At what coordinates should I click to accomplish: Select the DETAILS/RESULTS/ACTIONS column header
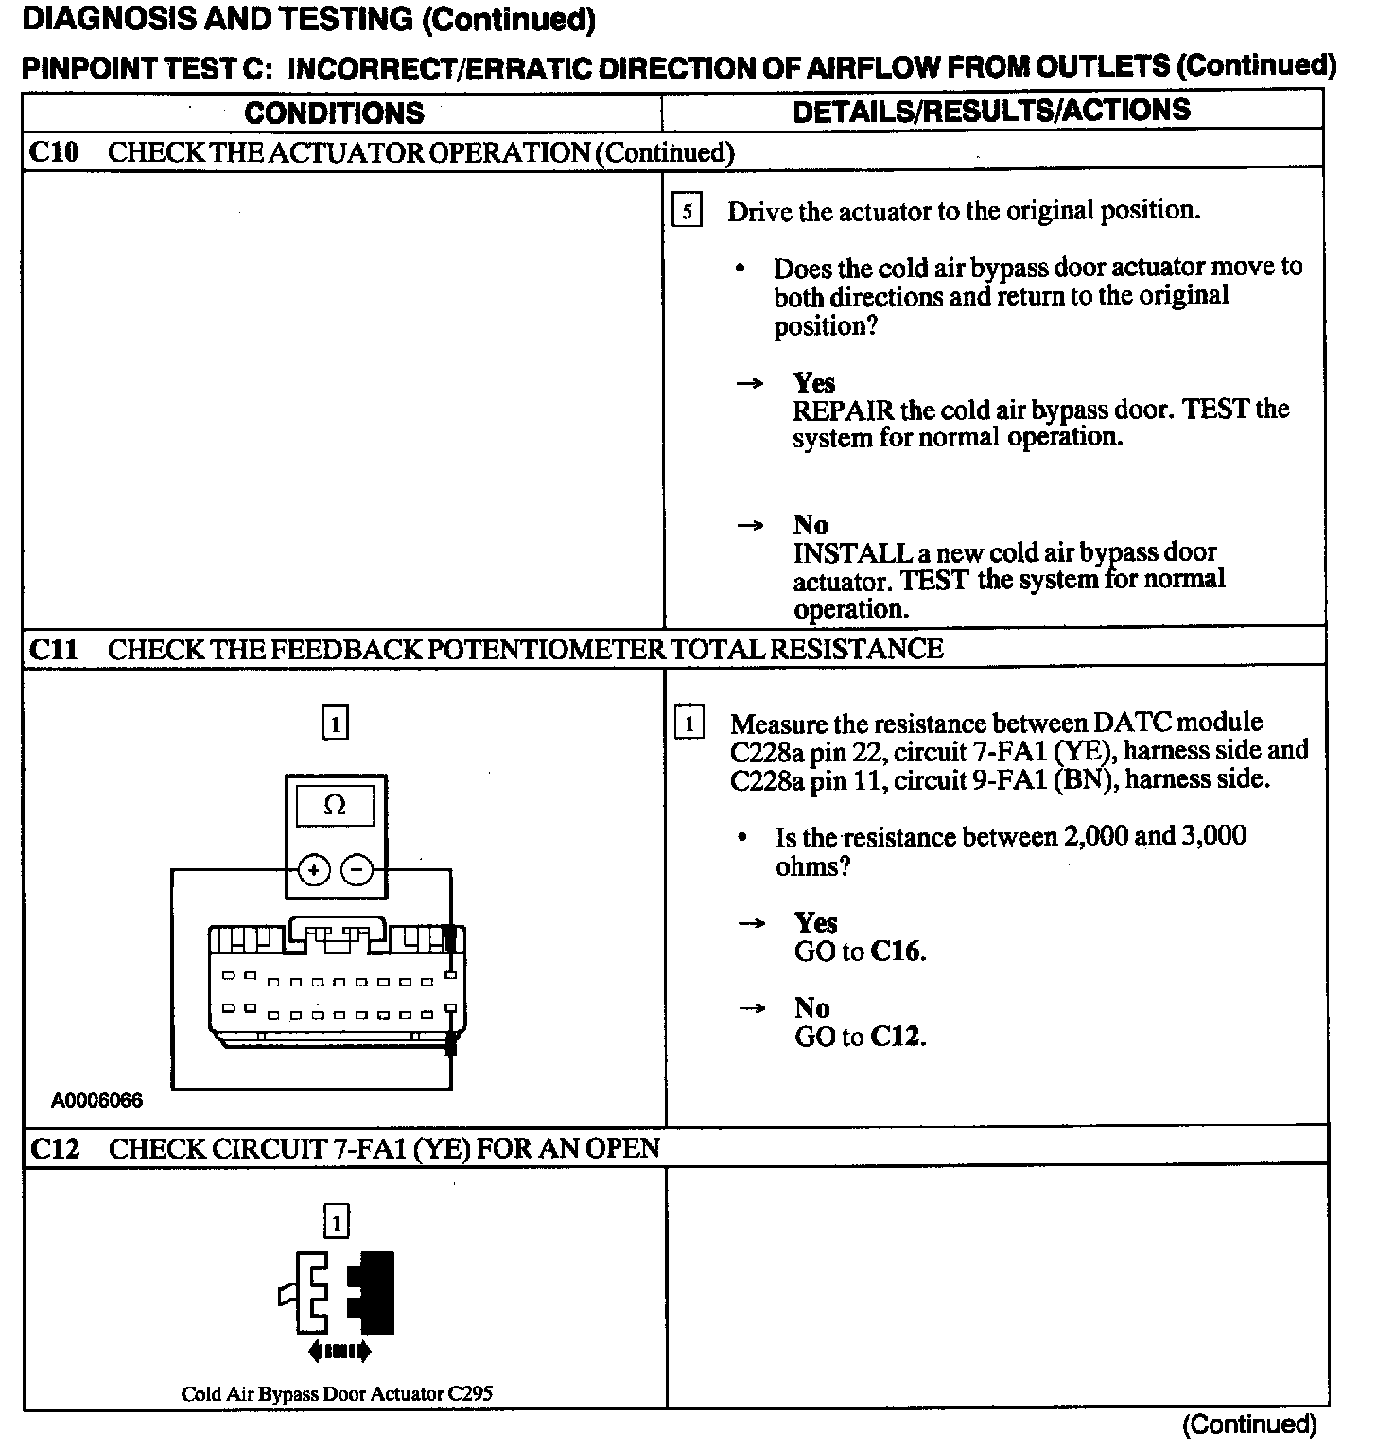point(991,111)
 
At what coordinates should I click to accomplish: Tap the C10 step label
point(55,152)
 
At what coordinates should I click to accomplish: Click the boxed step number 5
point(687,210)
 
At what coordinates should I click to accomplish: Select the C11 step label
point(54,650)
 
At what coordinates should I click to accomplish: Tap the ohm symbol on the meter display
point(335,806)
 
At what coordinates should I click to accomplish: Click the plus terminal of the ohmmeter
point(314,869)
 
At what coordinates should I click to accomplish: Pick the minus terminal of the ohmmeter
point(357,869)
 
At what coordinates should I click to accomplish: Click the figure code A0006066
point(97,1101)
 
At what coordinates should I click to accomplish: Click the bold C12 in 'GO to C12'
point(897,1037)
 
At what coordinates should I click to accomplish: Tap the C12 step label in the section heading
point(55,1148)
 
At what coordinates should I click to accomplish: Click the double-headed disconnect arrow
point(340,1352)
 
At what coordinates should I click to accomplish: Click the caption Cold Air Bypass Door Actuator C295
point(337,1393)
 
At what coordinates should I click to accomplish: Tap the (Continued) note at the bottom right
point(1248,1424)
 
